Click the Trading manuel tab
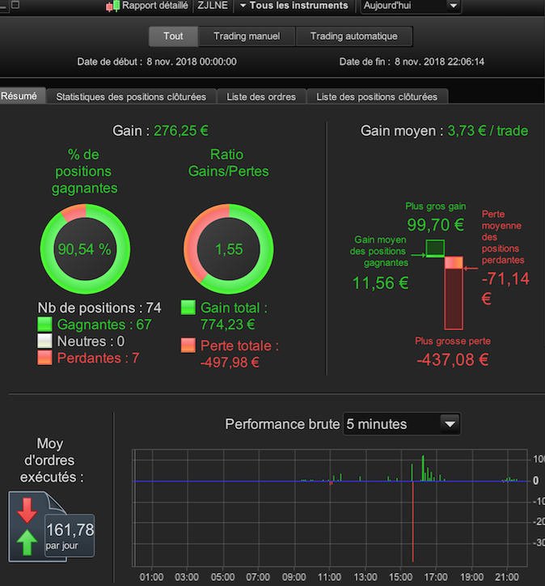(x=247, y=36)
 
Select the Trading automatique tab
(x=354, y=36)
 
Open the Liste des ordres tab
(x=261, y=97)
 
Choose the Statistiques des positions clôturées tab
(x=131, y=97)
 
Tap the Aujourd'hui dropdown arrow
(x=453, y=6)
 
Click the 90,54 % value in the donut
(x=84, y=249)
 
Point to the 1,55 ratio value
(x=229, y=249)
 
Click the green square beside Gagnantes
(x=44, y=324)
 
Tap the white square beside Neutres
(x=44, y=341)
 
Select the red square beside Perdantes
(x=44, y=358)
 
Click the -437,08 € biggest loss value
(x=453, y=359)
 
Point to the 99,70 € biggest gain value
(x=435, y=225)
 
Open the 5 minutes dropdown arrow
(x=450, y=424)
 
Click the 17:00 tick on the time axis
(x=436, y=577)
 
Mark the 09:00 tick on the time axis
(x=294, y=577)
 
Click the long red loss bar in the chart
(x=413, y=521)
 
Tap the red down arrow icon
(x=27, y=511)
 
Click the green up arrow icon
(x=27, y=542)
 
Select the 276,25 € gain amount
(x=181, y=131)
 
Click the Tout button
(x=173, y=36)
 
